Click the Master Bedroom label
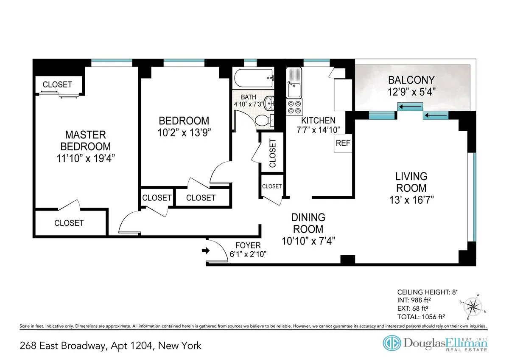(85, 141)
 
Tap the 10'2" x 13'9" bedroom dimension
(184, 132)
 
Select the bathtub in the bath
(253, 78)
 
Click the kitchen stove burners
(294, 107)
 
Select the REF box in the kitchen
(343, 143)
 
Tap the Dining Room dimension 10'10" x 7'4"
(308, 241)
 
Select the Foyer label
(248, 245)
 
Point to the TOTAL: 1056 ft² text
(421, 316)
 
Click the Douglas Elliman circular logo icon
(391, 343)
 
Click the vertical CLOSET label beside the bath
(272, 153)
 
